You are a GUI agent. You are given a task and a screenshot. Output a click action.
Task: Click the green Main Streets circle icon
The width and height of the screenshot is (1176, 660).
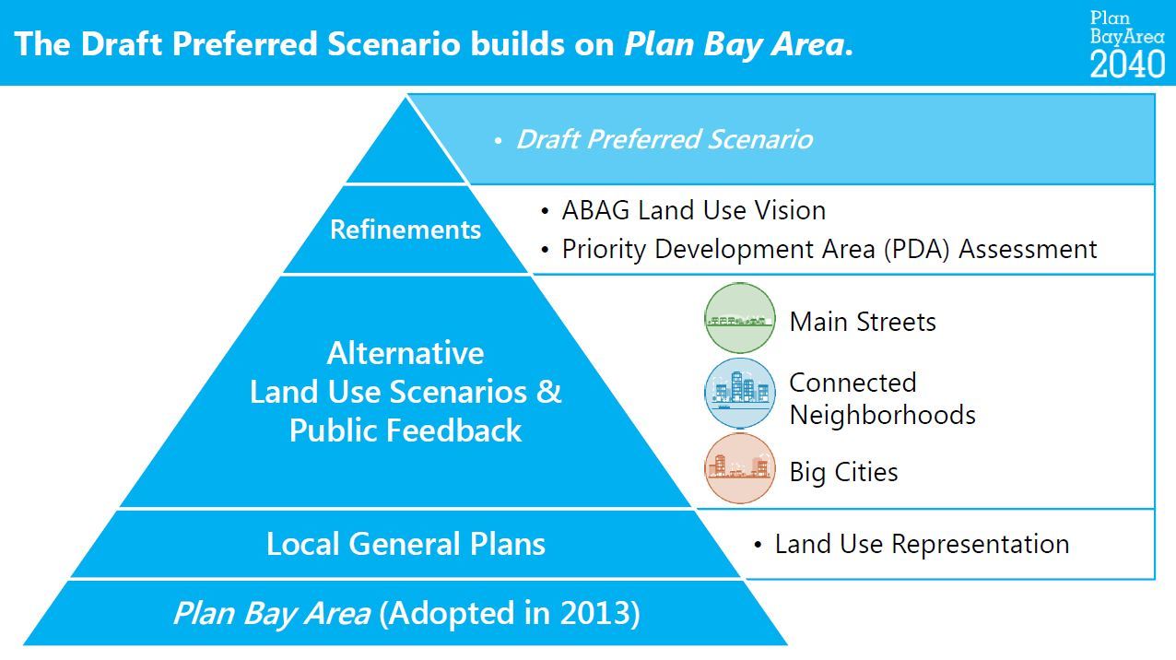click(x=740, y=318)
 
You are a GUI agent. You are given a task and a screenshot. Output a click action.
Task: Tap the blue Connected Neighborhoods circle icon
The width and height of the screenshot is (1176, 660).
click(x=740, y=394)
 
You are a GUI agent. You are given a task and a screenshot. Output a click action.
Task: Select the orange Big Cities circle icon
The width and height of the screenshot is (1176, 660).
click(x=740, y=468)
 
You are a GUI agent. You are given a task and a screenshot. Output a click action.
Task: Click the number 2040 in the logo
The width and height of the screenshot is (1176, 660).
click(x=1127, y=64)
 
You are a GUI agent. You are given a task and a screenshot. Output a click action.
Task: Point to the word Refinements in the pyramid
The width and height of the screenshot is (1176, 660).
click(x=406, y=230)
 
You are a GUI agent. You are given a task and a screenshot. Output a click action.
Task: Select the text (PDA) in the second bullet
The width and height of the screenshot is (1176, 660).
click(x=917, y=249)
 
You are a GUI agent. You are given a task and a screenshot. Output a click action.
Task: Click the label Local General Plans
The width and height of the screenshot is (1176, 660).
click(x=406, y=544)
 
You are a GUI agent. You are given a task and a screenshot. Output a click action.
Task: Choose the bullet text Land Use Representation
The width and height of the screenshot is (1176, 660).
click(x=922, y=544)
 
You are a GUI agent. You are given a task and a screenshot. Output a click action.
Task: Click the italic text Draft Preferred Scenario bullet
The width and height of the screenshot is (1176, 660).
click(x=664, y=139)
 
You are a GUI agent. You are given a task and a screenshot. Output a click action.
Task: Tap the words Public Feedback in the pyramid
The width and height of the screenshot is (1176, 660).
click(x=406, y=430)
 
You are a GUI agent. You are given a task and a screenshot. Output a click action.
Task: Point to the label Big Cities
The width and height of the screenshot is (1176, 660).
click(x=843, y=472)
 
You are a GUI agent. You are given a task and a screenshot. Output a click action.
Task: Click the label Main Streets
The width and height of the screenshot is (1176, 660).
click(x=863, y=322)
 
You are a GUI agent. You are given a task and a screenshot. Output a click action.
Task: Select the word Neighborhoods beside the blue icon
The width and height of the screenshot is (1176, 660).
click(x=883, y=415)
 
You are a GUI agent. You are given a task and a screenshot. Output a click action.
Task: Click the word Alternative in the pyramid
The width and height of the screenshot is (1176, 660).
click(x=406, y=353)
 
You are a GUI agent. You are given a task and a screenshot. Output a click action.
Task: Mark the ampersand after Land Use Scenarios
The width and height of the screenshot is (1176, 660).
click(x=548, y=392)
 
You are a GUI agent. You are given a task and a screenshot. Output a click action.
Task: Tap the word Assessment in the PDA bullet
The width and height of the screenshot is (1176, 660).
click(x=1028, y=249)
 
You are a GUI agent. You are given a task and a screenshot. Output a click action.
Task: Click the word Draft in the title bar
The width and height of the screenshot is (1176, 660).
click(x=122, y=43)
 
